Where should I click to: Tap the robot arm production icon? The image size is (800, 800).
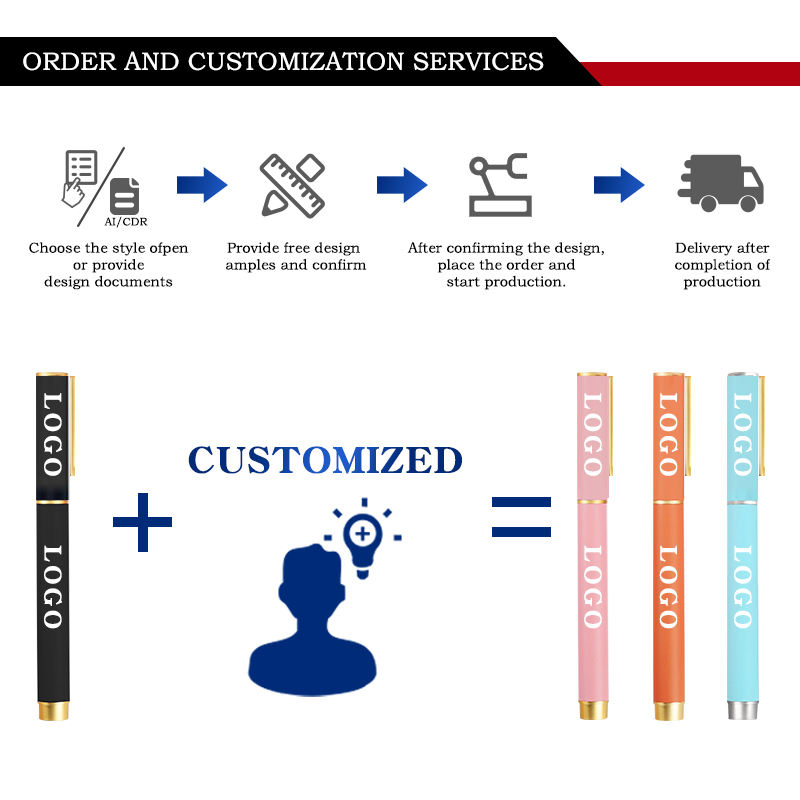(x=500, y=185)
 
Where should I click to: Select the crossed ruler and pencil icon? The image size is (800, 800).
(x=292, y=185)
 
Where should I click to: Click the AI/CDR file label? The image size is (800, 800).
(x=126, y=221)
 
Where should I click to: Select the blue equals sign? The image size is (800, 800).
(x=521, y=516)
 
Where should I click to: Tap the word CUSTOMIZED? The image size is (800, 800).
(x=325, y=460)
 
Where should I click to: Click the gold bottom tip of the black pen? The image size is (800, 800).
(x=53, y=711)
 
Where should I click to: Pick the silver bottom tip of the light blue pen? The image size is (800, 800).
(x=742, y=709)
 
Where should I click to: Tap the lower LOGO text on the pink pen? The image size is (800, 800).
(x=591, y=586)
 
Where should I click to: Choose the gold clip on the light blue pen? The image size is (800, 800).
(x=762, y=425)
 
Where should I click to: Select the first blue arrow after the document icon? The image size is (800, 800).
(x=202, y=185)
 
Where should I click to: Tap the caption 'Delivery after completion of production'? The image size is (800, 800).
(x=722, y=265)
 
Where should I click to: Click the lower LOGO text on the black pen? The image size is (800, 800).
(x=52, y=586)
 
